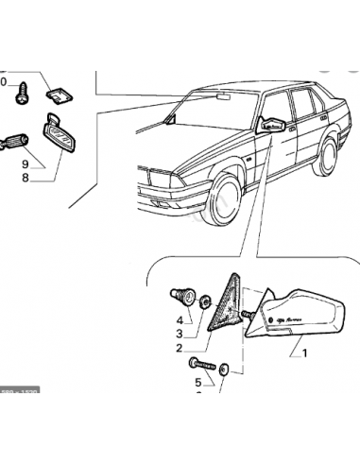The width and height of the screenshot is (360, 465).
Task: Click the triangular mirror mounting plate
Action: pyautogui.click(x=228, y=301)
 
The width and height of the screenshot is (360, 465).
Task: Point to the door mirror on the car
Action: pyautogui.click(x=272, y=125)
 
